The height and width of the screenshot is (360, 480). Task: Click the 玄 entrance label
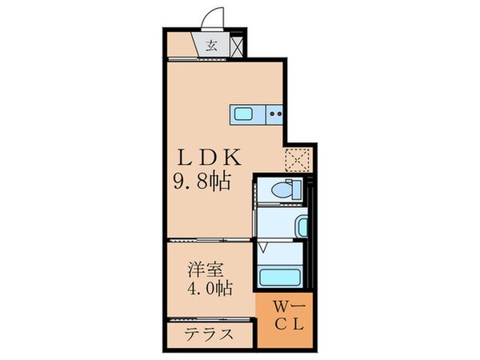point(212,45)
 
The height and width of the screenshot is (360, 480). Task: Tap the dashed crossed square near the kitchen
point(298,160)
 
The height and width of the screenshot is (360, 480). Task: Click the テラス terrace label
point(210,334)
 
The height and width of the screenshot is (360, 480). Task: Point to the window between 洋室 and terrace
point(210,321)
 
